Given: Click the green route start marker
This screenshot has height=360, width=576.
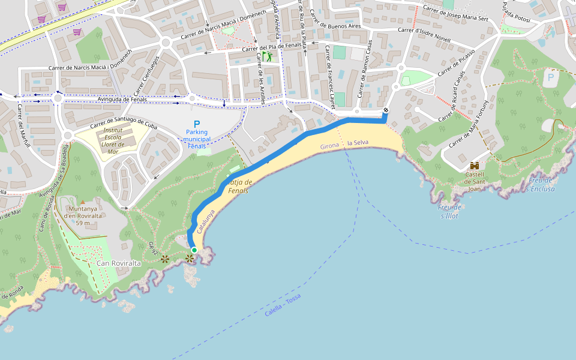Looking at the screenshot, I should coord(194,250).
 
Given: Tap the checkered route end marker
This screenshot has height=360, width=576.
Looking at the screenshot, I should coord(386,110).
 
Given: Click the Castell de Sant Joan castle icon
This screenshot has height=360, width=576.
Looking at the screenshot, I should coord(475,166).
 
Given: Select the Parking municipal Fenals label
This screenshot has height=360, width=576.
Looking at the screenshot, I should coord(198,139).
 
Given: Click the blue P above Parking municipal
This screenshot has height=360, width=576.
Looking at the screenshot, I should coord(197,124).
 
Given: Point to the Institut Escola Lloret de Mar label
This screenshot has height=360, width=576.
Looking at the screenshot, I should coord(113,140).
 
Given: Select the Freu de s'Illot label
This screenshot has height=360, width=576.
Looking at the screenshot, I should coord(449,211).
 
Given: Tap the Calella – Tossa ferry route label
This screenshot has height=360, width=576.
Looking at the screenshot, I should coord(282,305).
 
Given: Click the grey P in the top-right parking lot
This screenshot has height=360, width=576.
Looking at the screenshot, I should coord(550,76).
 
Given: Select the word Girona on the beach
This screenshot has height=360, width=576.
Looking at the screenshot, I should coord(330,146).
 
